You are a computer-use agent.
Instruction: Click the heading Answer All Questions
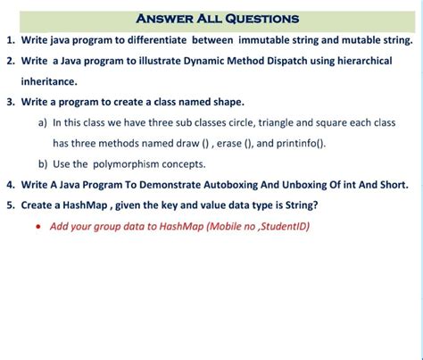click(218, 19)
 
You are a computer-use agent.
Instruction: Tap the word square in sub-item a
click(338, 122)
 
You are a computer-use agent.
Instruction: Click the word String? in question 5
click(300, 205)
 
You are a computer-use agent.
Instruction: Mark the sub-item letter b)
click(43, 164)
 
